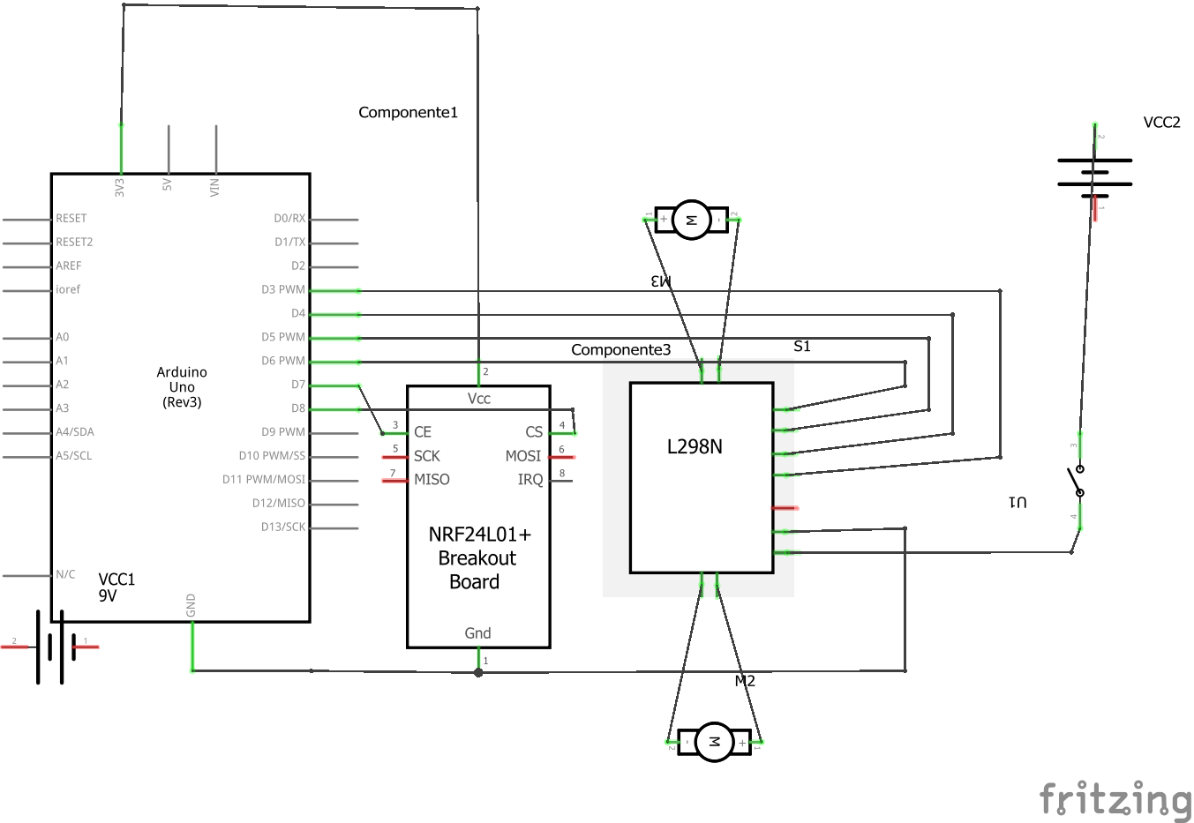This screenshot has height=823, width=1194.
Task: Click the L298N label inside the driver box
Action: click(x=695, y=447)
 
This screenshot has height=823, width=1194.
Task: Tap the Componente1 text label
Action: click(x=408, y=112)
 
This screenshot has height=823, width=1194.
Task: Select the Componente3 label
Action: click(x=620, y=350)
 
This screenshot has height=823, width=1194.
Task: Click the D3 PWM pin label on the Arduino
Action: click(x=283, y=290)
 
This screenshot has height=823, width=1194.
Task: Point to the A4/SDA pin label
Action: click(x=75, y=432)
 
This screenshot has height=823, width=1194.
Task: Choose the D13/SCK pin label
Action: click(x=283, y=527)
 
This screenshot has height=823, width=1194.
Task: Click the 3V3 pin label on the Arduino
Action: click(x=119, y=188)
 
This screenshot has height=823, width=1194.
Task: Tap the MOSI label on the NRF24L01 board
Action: click(x=523, y=457)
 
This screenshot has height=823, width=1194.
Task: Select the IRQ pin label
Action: click(x=529, y=480)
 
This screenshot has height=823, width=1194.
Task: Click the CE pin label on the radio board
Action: click(x=423, y=432)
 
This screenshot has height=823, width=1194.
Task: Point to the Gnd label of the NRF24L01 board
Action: click(x=477, y=633)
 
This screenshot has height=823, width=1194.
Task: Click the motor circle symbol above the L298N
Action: click(x=691, y=220)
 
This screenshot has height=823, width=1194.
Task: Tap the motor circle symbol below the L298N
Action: click(x=714, y=742)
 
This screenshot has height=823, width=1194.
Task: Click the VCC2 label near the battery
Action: click(x=1161, y=123)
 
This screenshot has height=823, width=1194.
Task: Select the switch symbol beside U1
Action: click(x=1077, y=482)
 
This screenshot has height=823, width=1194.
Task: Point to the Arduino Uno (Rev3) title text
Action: click(x=182, y=387)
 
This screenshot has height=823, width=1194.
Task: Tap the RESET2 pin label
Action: click(x=74, y=243)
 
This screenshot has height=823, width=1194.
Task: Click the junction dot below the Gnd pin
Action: click(x=478, y=673)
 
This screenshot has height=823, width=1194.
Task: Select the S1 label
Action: click(x=801, y=347)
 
